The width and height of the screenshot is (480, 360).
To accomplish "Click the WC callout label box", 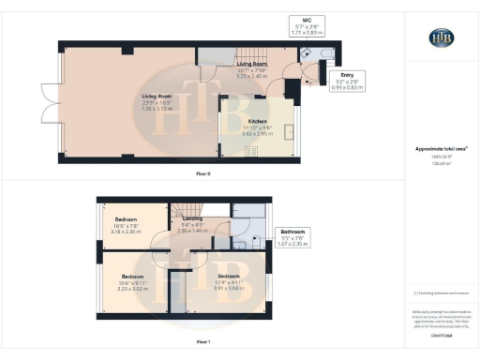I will tap(307, 22).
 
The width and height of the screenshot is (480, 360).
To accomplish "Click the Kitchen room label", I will tap(258, 127).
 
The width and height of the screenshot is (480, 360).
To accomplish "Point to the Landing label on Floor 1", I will tap(191, 226).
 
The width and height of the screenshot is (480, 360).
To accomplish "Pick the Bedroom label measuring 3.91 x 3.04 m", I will tap(230, 279).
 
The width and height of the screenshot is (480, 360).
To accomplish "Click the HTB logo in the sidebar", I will tap(442, 37).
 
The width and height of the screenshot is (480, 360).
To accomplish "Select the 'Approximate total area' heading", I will tap(441, 149).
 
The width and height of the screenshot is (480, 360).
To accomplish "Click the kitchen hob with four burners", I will tap(227, 151).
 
